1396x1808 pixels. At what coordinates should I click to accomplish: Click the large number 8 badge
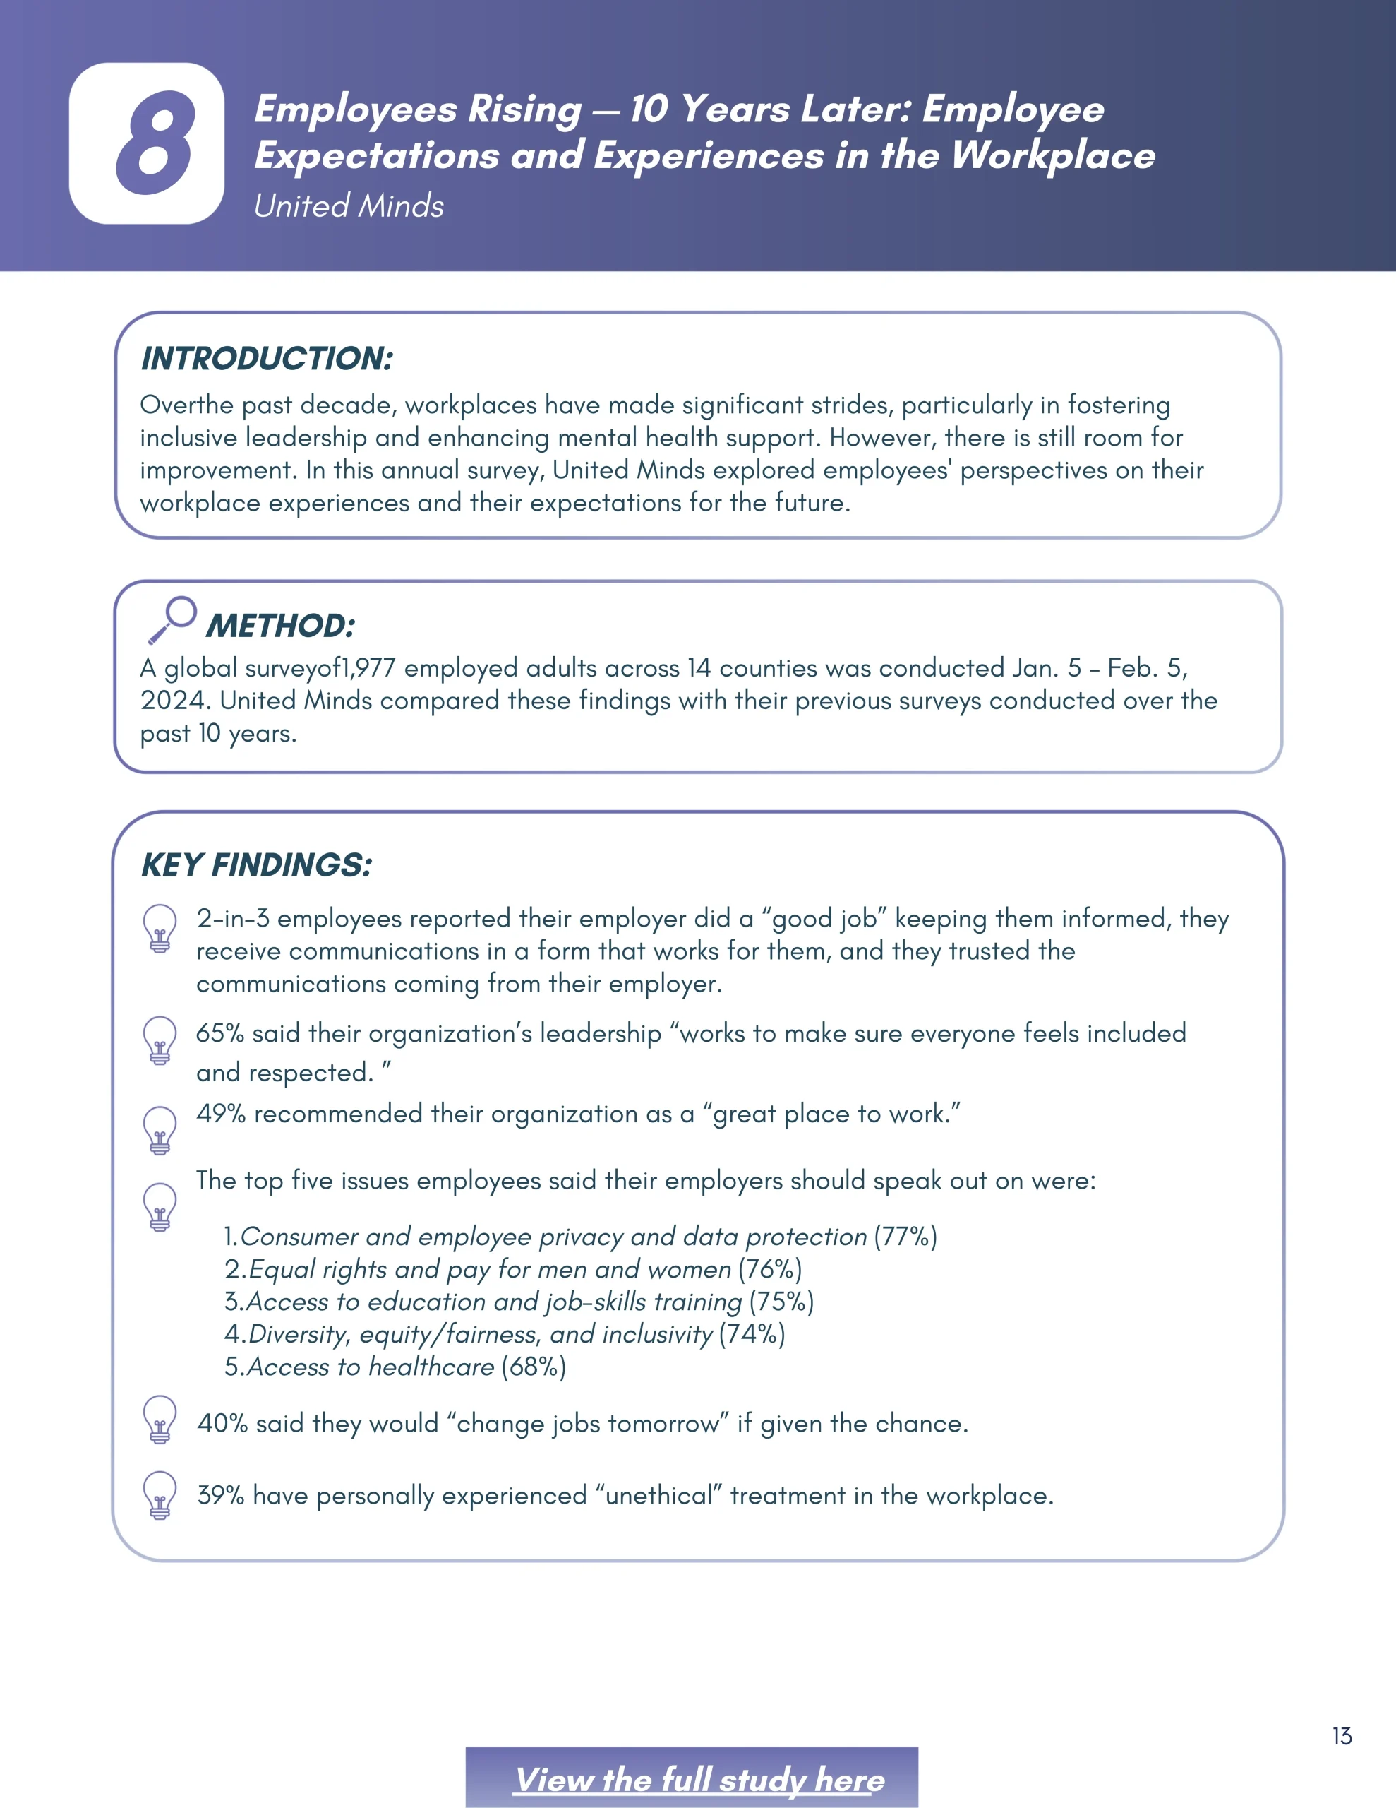(147, 143)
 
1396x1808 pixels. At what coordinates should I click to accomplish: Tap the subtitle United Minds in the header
(349, 206)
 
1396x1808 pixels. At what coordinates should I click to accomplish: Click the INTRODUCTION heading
(267, 359)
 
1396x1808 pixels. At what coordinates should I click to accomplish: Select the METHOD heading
(280, 626)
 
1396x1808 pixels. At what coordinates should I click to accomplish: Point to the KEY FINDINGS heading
(256, 865)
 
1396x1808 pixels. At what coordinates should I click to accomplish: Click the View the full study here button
(699, 1779)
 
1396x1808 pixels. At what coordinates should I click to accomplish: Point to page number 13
(1342, 1736)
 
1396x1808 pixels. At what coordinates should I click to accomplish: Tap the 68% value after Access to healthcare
(534, 1367)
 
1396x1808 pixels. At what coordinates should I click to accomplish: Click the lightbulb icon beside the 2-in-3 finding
(160, 927)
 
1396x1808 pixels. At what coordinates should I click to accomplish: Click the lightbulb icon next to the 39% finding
(160, 1494)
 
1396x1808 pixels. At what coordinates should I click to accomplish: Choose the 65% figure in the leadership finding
(220, 1034)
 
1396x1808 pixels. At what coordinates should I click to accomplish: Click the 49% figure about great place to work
(221, 1114)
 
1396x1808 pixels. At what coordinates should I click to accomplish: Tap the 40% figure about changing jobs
(222, 1424)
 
